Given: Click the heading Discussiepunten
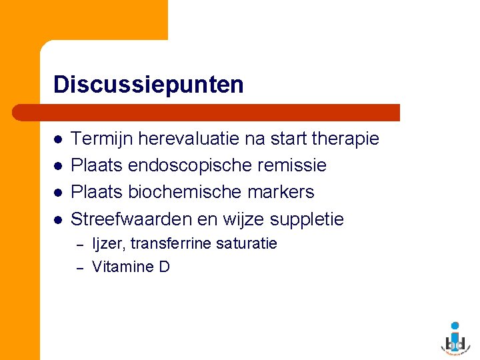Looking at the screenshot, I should coord(148,85).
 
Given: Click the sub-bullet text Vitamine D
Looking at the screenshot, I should coord(131,267).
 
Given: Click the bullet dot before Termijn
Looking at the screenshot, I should coord(58,139).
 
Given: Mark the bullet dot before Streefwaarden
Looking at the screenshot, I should coord(58,219).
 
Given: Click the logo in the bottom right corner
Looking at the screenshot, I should coord(455,336).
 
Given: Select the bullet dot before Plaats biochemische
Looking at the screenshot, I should coord(58,193).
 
